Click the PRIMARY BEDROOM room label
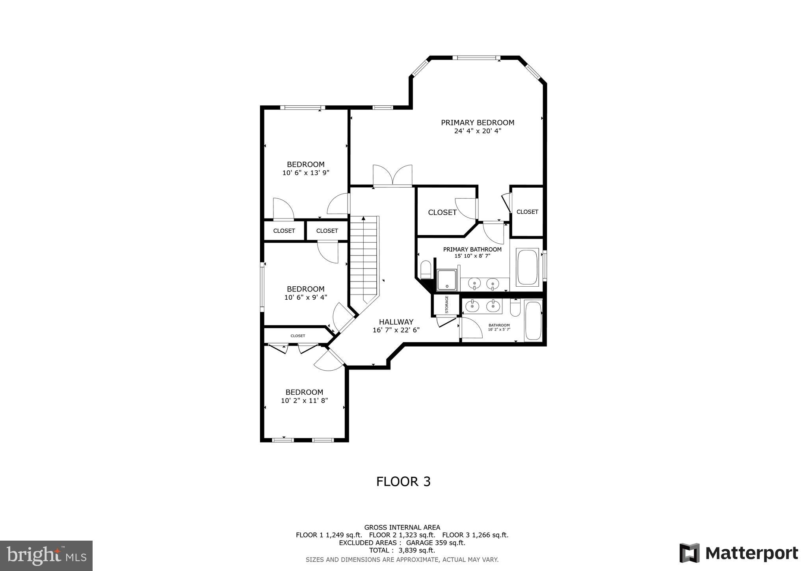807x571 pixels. [x=477, y=123]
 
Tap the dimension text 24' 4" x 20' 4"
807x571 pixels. [x=477, y=131]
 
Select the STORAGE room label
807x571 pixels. [x=447, y=304]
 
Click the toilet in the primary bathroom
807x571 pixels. [x=426, y=270]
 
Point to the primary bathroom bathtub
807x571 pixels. [x=527, y=267]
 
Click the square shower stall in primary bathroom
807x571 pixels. [x=447, y=280]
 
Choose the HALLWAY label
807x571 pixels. [x=396, y=322]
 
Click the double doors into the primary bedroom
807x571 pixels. [x=392, y=176]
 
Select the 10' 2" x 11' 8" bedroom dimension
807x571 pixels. [x=304, y=401]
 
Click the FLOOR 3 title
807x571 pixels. [x=403, y=481]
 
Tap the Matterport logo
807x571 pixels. [x=738, y=553]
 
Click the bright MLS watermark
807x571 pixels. [x=46, y=556]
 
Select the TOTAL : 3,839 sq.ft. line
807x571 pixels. [x=402, y=550]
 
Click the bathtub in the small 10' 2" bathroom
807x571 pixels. [x=533, y=321]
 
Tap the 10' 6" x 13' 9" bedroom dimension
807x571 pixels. [x=305, y=173]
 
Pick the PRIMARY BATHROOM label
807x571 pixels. [x=472, y=250]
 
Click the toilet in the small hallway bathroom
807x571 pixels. [x=515, y=308]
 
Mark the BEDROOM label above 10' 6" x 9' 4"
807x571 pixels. [x=305, y=289]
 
